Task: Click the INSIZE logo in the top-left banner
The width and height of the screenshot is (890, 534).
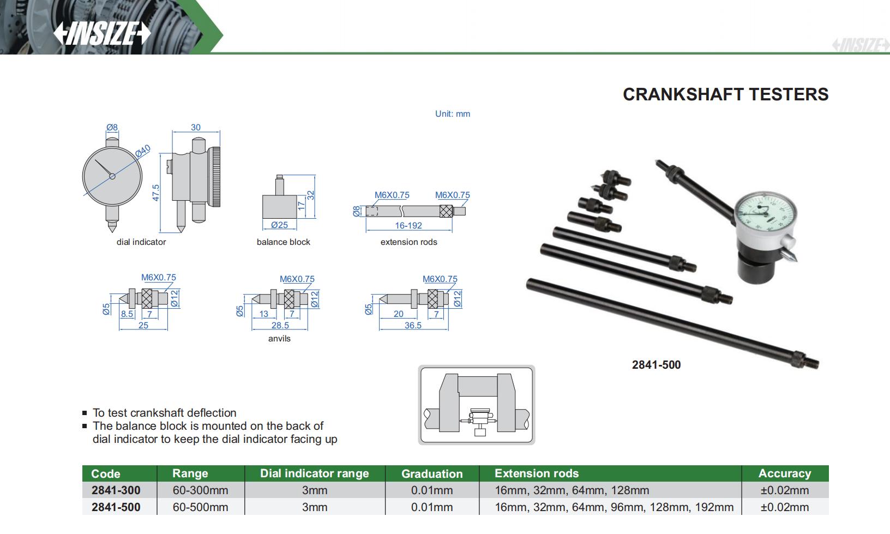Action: tap(101, 33)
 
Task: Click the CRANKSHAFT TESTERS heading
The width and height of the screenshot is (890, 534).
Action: tap(725, 94)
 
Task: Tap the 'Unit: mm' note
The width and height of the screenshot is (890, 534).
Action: tap(452, 114)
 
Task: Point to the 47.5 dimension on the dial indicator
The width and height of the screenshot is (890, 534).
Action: tap(156, 193)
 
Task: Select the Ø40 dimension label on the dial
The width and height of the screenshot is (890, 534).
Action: tap(143, 151)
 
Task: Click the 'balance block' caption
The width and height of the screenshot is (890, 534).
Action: tap(283, 242)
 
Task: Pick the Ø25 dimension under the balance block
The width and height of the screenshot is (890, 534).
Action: tap(279, 225)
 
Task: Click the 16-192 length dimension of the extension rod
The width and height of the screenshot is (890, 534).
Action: tap(408, 225)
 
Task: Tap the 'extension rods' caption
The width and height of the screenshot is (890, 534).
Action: tap(408, 242)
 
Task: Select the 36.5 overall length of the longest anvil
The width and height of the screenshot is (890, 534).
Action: tap(413, 325)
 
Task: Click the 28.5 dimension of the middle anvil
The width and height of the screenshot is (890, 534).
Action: tap(280, 325)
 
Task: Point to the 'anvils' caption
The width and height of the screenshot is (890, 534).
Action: tap(279, 339)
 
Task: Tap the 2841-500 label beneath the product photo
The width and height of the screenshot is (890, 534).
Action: tap(656, 365)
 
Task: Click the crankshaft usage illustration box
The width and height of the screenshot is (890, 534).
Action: tap(476, 405)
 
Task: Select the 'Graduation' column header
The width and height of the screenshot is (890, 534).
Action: tap(432, 473)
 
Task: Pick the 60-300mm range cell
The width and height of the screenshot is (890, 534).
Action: tap(200, 490)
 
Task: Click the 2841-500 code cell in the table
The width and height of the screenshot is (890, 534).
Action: tap(116, 507)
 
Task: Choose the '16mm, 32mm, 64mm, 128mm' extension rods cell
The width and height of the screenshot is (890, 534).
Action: tap(572, 490)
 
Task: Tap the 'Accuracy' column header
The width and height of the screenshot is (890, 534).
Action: tap(784, 473)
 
